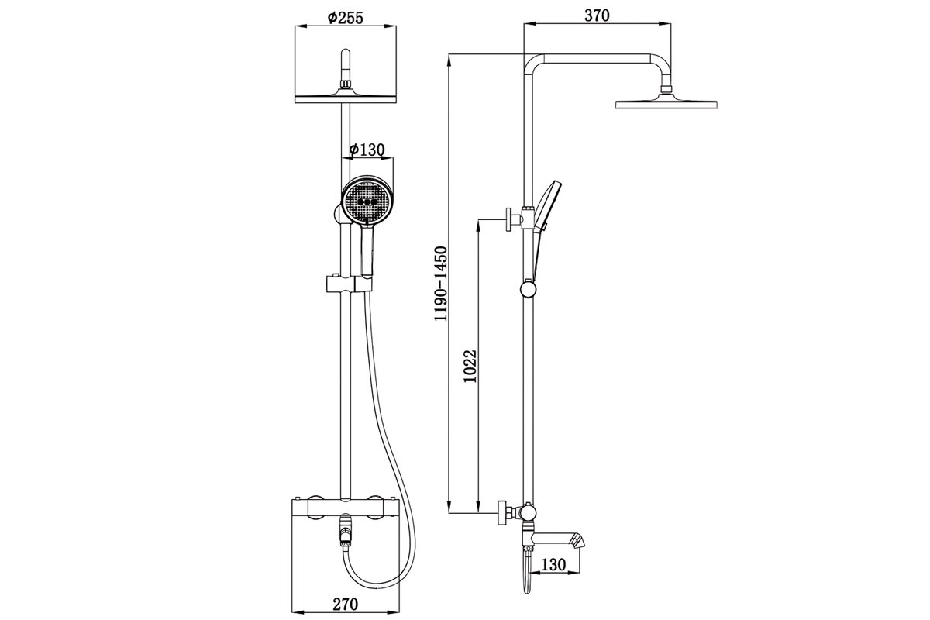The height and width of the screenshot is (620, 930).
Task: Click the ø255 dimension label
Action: (x=345, y=18)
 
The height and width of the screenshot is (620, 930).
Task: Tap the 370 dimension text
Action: (x=597, y=15)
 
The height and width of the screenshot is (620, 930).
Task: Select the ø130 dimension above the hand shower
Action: (x=367, y=150)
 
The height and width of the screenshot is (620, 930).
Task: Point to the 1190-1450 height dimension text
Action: (x=440, y=284)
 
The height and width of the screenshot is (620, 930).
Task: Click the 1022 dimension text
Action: (x=470, y=367)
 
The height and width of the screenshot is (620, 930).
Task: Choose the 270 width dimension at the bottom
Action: (x=345, y=604)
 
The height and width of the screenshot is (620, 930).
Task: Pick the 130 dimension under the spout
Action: (x=553, y=564)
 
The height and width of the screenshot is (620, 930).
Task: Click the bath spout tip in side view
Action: (x=578, y=540)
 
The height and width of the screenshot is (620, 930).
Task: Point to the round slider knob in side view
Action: (x=528, y=289)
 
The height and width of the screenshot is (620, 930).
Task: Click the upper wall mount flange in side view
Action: (x=508, y=219)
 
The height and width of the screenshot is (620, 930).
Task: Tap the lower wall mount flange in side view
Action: (x=502, y=513)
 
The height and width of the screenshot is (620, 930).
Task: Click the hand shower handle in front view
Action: (x=367, y=250)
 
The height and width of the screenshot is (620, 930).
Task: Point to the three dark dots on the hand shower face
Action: (x=368, y=202)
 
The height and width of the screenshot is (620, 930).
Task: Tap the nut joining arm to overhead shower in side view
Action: (x=666, y=89)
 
